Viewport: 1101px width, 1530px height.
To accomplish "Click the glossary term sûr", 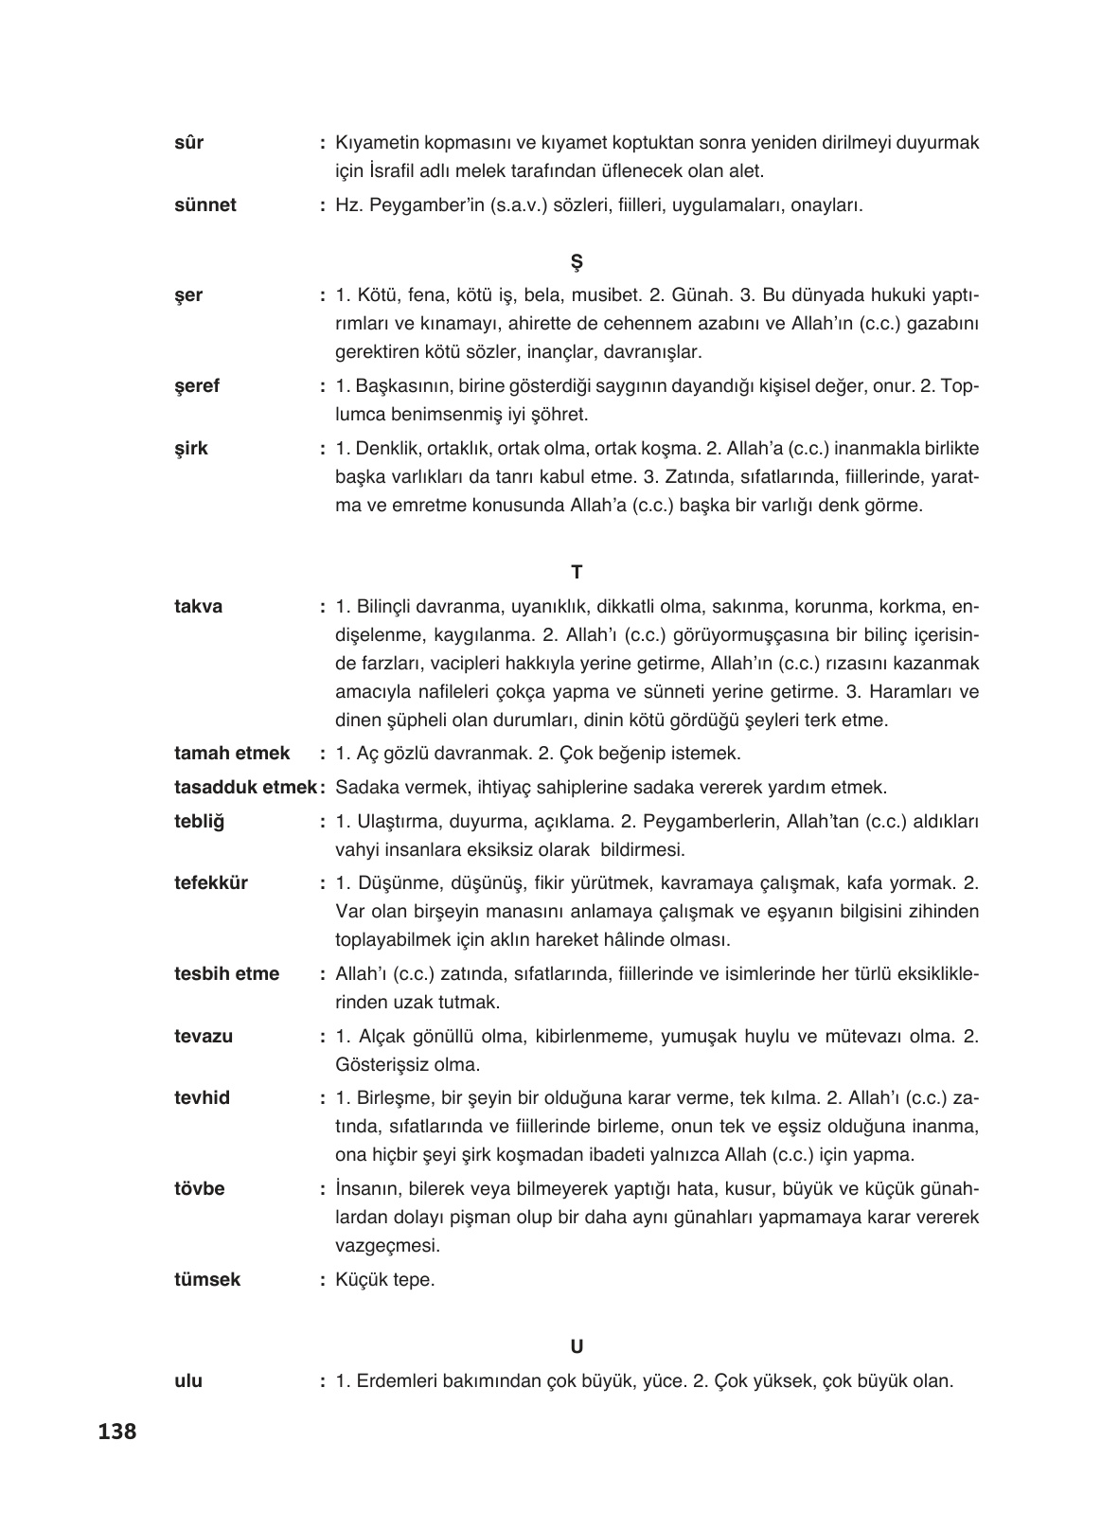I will click(189, 143).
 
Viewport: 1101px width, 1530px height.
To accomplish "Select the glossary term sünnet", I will click(205, 205).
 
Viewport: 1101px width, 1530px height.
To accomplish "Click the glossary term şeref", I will click(197, 386).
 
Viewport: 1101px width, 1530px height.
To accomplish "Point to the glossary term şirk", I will click(191, 448).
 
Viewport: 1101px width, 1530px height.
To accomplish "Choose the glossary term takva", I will click(199, 607).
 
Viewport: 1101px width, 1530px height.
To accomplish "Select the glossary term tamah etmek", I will click(232, 754).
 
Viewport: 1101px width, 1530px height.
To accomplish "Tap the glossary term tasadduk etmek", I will click(246, 787).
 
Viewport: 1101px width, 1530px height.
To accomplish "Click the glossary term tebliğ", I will click(199, 821).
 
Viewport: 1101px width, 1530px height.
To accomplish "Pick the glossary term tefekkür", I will click(211, 883).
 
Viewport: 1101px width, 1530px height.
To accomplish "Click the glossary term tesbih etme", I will click(227, 973).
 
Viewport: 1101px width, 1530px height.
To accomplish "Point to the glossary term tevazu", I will click(204, 1036).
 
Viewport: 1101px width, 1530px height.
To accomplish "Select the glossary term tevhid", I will click(202, 1098).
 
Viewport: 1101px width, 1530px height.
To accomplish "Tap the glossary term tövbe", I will click(200, 1187).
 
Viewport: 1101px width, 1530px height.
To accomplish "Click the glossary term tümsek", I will click(207, 1279).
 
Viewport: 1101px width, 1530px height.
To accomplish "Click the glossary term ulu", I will click(188, 1380).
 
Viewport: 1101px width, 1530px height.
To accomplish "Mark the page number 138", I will click(117, 1432).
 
